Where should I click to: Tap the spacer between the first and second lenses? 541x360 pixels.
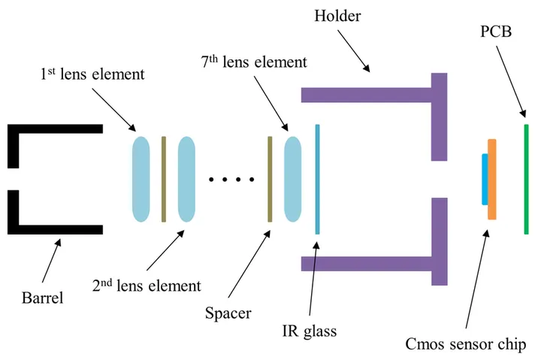(163, 179)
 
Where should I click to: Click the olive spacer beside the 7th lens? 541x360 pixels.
(269, 179)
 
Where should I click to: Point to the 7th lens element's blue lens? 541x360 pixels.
(292, 179)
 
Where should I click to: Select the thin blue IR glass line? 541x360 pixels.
(318, 179)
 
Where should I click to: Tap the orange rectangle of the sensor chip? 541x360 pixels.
(491, 179)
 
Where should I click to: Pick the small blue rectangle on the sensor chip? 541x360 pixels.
(485, 179)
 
